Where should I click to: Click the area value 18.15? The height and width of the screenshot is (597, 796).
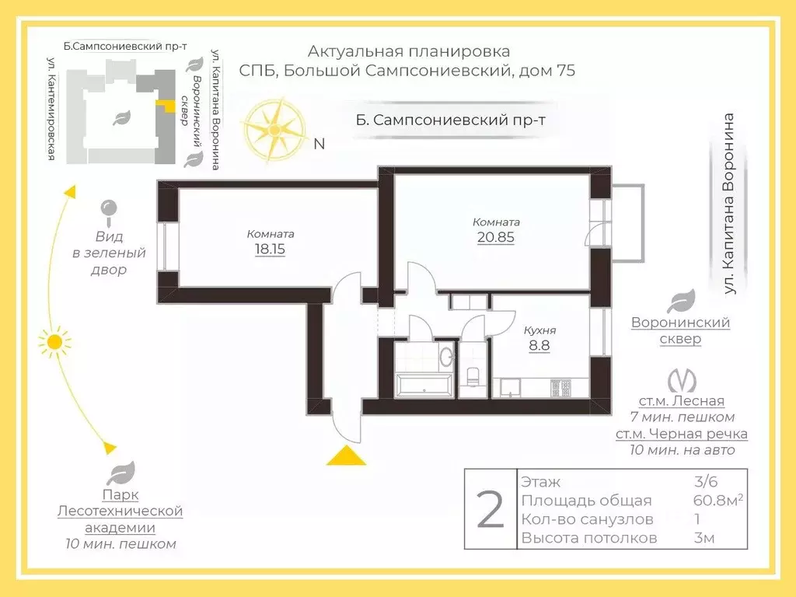click(270, 250)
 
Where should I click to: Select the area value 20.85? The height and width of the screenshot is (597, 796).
click(495, 237)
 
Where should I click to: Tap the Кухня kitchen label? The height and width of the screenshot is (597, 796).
click(539, 330)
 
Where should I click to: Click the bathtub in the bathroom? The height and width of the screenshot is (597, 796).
click(424, 384)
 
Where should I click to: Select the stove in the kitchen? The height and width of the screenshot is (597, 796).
click(560, 388)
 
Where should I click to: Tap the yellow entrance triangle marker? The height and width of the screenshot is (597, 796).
click(346, 456)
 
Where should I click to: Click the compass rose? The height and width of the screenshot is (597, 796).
click(274, 131)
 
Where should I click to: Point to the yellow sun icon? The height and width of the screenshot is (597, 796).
click(54, 343)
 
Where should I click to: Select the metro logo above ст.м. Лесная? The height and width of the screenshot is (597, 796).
click(681, 380)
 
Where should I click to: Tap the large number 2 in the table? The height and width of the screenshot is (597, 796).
click(491, 509)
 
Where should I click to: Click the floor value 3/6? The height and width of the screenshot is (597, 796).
click(706, 481)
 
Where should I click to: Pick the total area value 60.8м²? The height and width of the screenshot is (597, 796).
click(717, 500)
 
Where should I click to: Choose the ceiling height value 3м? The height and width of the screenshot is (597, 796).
click(704, 538)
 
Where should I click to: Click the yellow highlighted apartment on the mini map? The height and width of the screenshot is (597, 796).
click(166, 106)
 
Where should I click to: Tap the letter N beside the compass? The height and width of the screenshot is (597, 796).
click(319, 144)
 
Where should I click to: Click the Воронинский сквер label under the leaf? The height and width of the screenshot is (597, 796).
click(680, 330)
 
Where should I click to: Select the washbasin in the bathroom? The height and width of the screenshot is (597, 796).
click(446, 356)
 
